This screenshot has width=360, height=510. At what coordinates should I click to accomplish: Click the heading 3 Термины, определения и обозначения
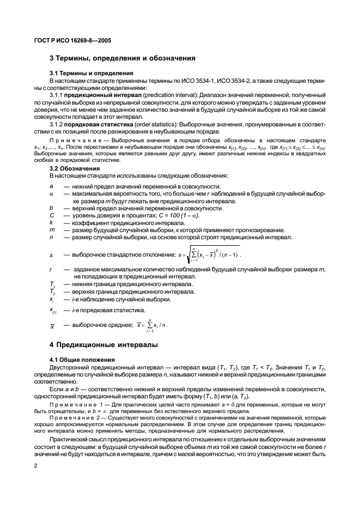[x=123, y=58]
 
